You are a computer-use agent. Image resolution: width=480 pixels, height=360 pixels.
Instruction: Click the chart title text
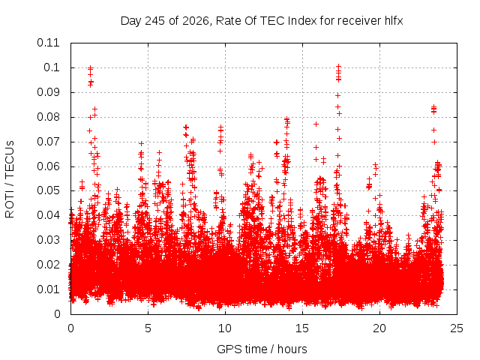[262, 21]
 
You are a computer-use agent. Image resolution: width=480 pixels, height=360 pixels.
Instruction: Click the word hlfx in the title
[392, 21]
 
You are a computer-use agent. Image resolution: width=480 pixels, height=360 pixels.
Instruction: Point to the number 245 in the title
[155, 21]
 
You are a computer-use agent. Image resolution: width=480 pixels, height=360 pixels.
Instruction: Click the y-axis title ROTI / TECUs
[10, 179]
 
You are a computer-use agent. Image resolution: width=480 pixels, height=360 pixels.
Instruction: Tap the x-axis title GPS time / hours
[262, 349]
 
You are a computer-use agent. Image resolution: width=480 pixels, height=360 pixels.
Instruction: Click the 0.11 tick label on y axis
[48, 43]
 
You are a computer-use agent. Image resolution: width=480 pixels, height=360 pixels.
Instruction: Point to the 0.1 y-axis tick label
[52, 67]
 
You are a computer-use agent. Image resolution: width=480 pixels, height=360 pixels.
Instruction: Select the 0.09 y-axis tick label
[48, 92]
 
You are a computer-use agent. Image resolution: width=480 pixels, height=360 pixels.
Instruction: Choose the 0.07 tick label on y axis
[48, 142]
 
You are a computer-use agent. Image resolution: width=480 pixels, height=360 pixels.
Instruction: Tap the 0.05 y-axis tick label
[48, 190]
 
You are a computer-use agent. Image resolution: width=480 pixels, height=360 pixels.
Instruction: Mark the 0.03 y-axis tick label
[48, 240]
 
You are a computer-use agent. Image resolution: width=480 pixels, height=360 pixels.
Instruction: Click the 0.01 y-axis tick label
[48, 289]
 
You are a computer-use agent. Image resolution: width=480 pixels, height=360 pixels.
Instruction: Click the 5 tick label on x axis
[148, 328]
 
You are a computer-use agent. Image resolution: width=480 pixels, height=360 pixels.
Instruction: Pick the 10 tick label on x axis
[225, 328]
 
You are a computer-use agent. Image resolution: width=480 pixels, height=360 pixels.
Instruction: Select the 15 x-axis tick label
[302, 328]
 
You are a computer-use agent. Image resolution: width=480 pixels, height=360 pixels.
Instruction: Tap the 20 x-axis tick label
[379, 328]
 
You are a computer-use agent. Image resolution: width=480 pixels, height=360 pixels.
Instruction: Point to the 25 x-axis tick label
[457, 328]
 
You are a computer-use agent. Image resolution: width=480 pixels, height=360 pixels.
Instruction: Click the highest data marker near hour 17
[338, 66]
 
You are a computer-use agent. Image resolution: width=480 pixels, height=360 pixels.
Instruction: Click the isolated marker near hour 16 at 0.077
[316, 124]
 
